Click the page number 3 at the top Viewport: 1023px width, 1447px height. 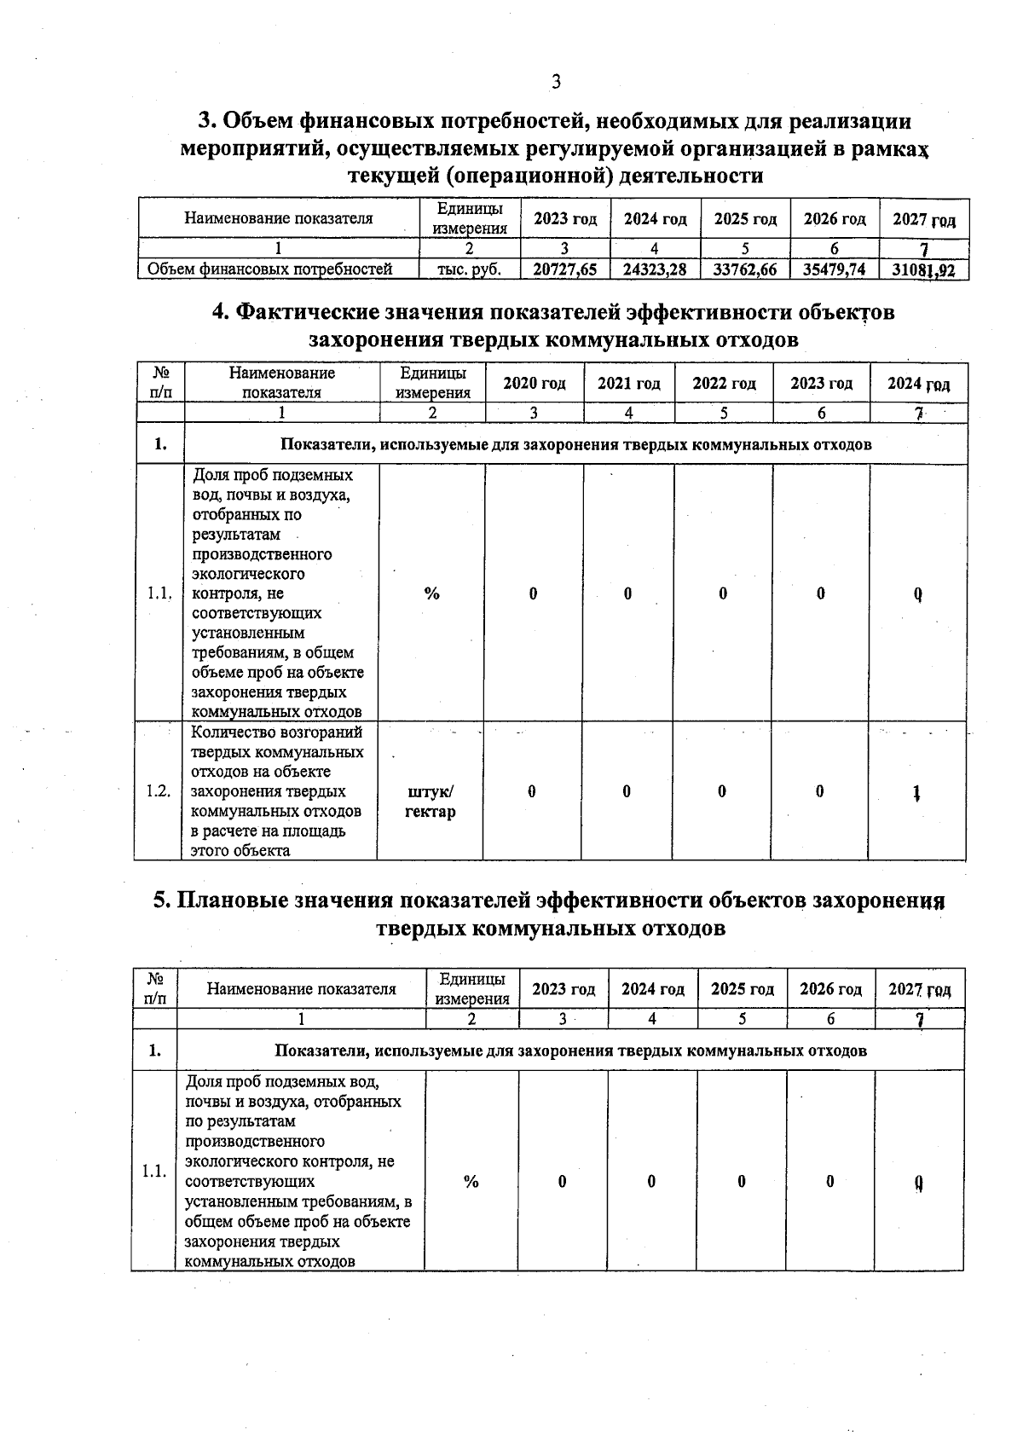tap(556, 82)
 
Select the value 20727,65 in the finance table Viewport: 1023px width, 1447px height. tap(565, 269)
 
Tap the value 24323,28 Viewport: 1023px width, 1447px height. tap(655, 269)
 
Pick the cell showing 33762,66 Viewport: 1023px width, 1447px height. tap(745, 269)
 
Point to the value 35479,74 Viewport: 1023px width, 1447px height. tap(835, 269)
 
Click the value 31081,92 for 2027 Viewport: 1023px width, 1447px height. tap(924, 270)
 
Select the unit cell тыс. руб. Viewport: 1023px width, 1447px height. tap(469, 269)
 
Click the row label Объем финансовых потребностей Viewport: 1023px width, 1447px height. tap(270, 269)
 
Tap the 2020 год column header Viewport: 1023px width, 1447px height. tap(535, 384)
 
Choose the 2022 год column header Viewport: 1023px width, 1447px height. tap(724, 384)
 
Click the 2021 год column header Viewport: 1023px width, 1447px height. tap(629, 384)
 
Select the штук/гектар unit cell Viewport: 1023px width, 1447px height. tap(431, 802)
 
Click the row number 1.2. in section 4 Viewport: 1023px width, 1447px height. tap(158, 791)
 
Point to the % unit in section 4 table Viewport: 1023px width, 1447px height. tap(432, 593)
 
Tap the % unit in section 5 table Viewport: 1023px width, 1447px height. tap(471, 1182)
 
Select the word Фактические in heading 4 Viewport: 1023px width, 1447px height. tap(304, 312)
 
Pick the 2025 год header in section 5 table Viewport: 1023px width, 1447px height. tap(743, 989)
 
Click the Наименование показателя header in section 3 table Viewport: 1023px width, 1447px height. tap(279, 218)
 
